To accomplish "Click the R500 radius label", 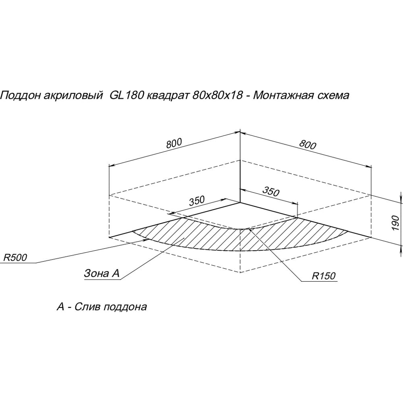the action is (x=15, y=258).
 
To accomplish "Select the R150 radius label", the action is (x=324, y=276).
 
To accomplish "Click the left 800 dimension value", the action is (x=174, y=143).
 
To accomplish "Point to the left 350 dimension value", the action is (x=197, y=201).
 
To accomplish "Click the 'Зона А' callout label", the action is (x=102, y=273).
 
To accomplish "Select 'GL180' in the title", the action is (x=125, y=96).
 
